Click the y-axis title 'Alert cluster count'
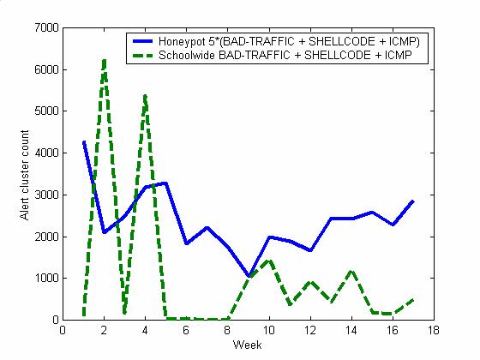[24, 175]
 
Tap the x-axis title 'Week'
[247, 345]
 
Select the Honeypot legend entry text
[289, 41]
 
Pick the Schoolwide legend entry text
[285, 55]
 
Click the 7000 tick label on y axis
[46, 27]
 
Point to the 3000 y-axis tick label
[46, 195]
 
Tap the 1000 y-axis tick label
[46, 279]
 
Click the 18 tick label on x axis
[434, 330]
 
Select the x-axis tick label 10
[269, 330]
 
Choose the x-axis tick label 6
[186, 330]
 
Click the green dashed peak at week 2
[104, 61]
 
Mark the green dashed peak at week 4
[145, 96]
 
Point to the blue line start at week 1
[84, 141]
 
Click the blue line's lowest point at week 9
[249, 276]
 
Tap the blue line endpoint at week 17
[413, 201]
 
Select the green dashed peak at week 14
[351, 271]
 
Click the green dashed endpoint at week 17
[413, 300]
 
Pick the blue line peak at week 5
[166, 183]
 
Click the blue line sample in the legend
[142, 41]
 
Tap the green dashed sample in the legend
[142, 56]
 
